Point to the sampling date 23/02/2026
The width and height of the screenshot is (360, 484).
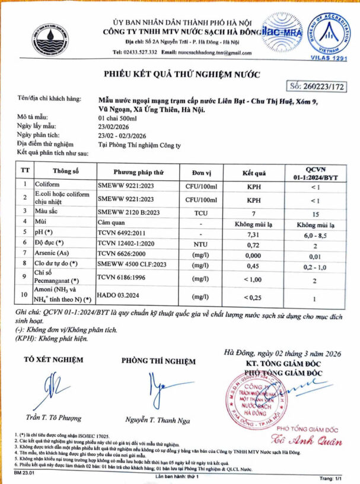pyautogui.click(x=114, y=126)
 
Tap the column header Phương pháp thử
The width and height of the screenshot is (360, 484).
pyautogui.click(x=138, y=172)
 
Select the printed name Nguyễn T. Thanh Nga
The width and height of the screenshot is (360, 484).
pyautogui.click(x=157, y=419)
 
